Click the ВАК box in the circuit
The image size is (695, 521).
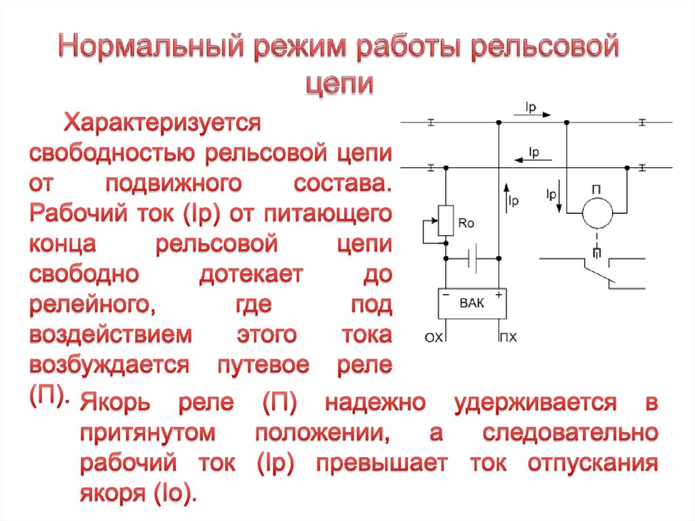pos(472,304)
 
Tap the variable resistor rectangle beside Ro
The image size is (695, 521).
pos(446,220)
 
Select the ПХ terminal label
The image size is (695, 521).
pos(507,336)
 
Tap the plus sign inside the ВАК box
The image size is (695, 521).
pos(499,295)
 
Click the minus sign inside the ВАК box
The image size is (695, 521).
pos(446,295)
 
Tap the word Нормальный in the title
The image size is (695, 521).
pos(150,48)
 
